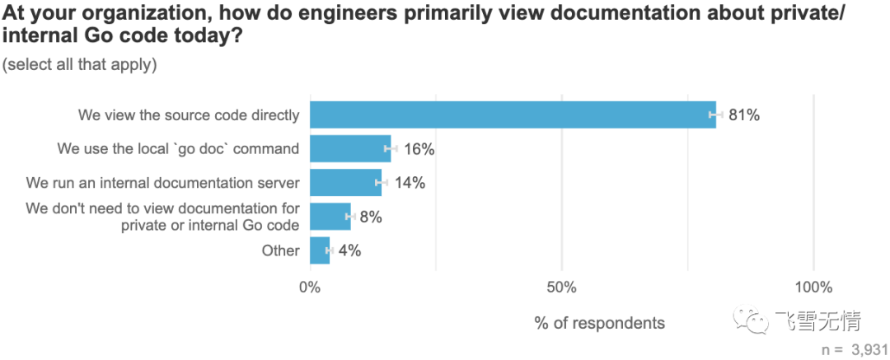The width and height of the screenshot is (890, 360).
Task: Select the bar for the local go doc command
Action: pos(350,149)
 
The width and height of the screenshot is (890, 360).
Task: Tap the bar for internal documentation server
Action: pos(345,183)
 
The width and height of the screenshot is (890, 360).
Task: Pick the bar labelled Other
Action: pos(320,250)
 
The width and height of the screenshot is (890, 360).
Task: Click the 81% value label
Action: pos(743,115)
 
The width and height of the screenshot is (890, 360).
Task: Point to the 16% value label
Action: pos(418,149)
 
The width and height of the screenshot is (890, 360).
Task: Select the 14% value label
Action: pos(409,183)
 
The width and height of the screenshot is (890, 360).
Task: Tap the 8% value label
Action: pos(371,217)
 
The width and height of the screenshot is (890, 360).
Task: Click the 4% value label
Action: pos(349,250)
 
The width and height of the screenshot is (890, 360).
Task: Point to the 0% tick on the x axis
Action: pos(310,287)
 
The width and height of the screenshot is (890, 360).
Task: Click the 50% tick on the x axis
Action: pos(561,287)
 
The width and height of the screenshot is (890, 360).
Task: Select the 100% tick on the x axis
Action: pos(813,287)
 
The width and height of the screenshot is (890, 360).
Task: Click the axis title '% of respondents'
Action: pos(599,323)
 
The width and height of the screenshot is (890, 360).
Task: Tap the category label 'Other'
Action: pos(280,250)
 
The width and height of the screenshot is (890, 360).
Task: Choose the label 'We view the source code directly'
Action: pos(189,115)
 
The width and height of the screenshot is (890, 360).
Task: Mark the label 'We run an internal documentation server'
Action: pos(162,183)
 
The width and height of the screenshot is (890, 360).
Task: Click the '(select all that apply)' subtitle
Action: pos(79,64)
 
